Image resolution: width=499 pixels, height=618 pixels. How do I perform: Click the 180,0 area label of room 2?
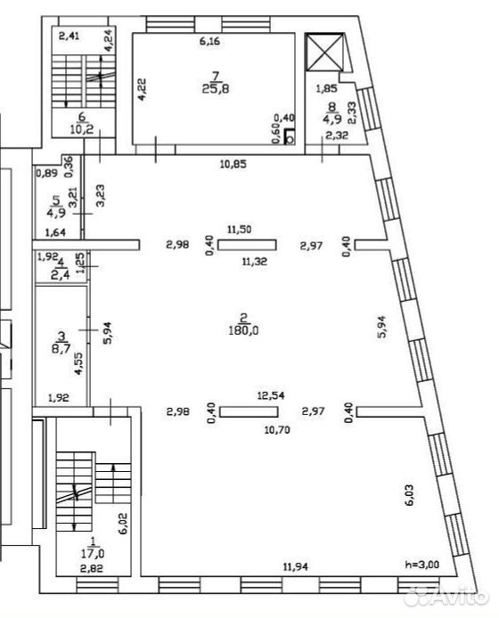[x=243, y=330]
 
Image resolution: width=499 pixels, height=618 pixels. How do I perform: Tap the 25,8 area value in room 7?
[x=216, y=89]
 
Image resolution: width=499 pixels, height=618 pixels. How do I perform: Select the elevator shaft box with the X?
[x=325, y=53]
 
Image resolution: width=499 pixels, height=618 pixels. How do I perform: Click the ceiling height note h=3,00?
[x=422, y=564]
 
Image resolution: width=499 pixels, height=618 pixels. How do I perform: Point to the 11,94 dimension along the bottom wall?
[x=296, y=566]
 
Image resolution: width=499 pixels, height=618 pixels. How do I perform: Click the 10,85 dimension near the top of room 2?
[x=233, y=164]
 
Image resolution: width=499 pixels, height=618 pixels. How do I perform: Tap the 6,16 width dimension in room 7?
[x=209, y=41]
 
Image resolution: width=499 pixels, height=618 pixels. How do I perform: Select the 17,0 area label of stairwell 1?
[x=93, y=553]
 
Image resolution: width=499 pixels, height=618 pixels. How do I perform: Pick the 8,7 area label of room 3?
[x=61, y=348]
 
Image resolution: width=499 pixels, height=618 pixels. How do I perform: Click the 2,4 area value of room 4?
[x=61, y=274]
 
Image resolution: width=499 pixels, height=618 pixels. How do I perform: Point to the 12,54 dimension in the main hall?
[x=271, y=395]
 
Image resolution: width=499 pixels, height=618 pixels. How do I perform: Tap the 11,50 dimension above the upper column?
[x=240, y=229]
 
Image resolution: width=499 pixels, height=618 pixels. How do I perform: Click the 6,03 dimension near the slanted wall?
[x=410, y=494]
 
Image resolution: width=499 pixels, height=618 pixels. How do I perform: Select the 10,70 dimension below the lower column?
[x=277, y=429]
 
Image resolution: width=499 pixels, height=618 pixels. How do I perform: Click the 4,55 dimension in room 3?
[x=79, y=363]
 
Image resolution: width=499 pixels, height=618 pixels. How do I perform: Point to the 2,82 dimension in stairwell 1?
[x=91, y=568]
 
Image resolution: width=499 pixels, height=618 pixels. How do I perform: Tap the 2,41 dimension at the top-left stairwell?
[x=69, y=37]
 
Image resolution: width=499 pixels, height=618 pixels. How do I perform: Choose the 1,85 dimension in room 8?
[x=327, y=89]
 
